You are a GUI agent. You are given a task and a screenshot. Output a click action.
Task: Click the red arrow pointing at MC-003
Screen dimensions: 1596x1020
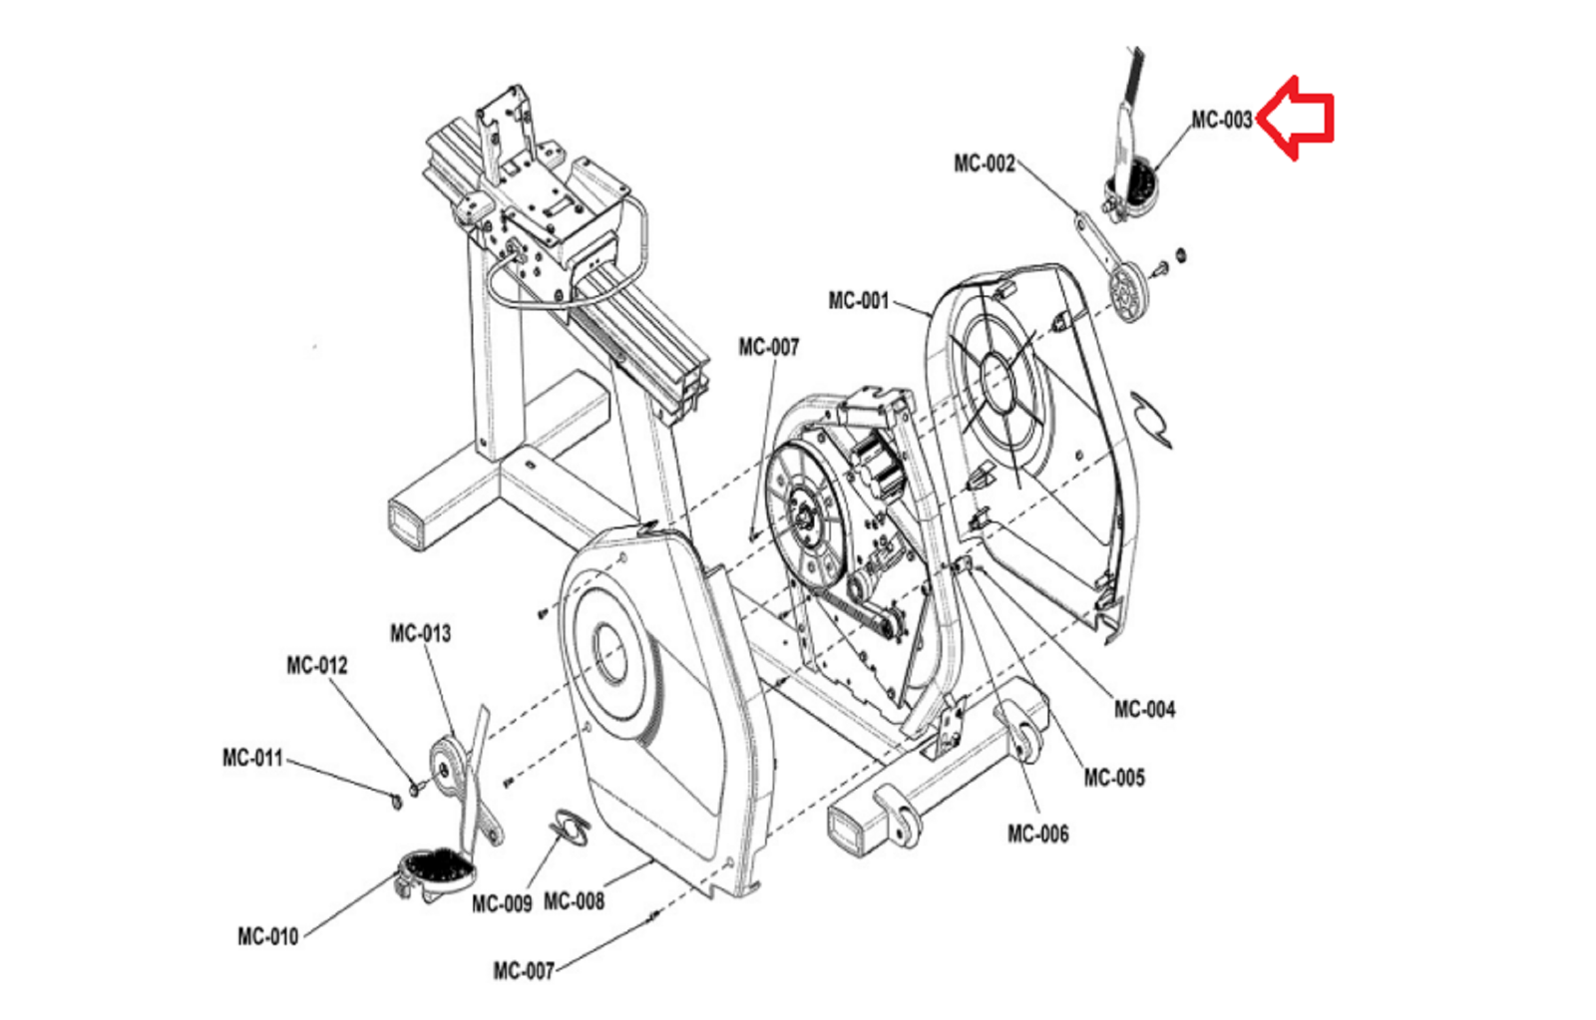[1294, 118]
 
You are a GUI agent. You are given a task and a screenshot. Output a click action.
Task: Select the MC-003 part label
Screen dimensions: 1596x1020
[1221, 120]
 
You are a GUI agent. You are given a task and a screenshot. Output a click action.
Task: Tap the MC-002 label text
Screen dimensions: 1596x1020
[984, 164]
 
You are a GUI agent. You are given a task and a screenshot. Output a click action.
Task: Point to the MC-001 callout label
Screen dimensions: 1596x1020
[859, 300]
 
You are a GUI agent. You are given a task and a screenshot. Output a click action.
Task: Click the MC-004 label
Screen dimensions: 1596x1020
[1144, 710]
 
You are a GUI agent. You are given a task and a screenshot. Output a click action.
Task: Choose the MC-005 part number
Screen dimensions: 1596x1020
[1114, 778]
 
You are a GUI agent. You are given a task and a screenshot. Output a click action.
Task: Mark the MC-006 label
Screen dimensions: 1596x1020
[1038, 834]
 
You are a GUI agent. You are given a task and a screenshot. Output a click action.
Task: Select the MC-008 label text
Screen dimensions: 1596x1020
[574, 901]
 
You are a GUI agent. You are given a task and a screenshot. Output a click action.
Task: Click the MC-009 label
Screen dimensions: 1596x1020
[502, 904]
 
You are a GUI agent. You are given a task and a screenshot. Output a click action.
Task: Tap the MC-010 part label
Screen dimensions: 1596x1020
[268, 936]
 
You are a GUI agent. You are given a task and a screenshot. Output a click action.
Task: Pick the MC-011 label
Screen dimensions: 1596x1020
[253, 758]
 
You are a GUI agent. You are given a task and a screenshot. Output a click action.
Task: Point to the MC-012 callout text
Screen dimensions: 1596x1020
[317, 665]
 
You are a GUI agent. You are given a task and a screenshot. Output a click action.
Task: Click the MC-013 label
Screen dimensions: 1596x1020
[420, 633]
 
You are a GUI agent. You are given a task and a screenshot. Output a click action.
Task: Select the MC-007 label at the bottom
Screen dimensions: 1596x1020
[524, 971]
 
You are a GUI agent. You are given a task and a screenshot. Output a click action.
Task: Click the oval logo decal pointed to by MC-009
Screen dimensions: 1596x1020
[570, 829]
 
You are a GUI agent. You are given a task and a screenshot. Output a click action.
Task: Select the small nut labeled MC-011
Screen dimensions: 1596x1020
[396, 802]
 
